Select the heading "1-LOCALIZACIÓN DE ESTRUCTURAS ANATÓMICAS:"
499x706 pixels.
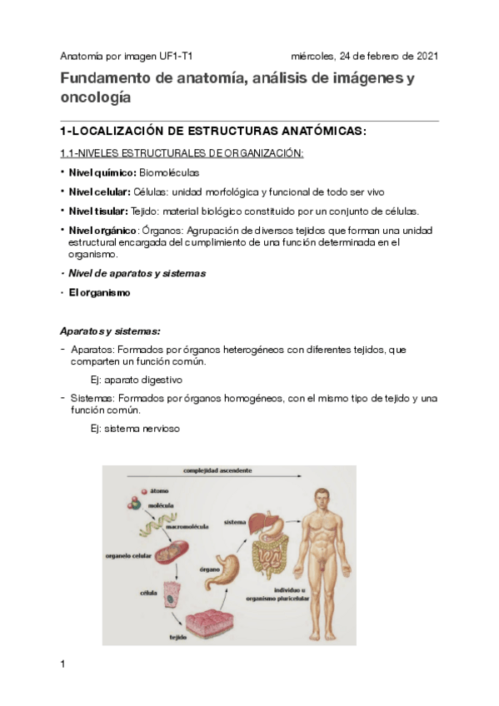(213, 132)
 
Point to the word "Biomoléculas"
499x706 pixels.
(169, 172)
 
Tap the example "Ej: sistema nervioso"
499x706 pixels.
(134, 429)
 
